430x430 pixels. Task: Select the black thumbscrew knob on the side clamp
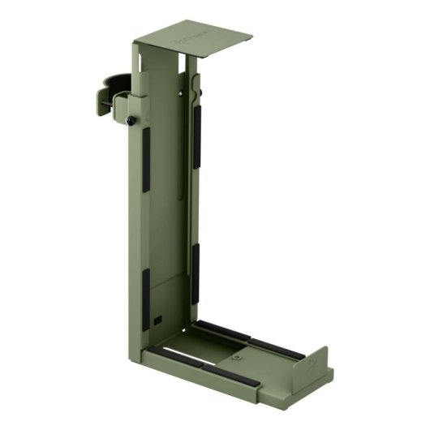[x=130, y=121]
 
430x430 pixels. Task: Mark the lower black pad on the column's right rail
[x=196, y=264]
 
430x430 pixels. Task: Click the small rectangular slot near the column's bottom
[x=160, y=316]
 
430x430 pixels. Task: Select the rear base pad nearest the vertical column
[x=222, y=330]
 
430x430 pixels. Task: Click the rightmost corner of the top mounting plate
[x=252, y=37]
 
